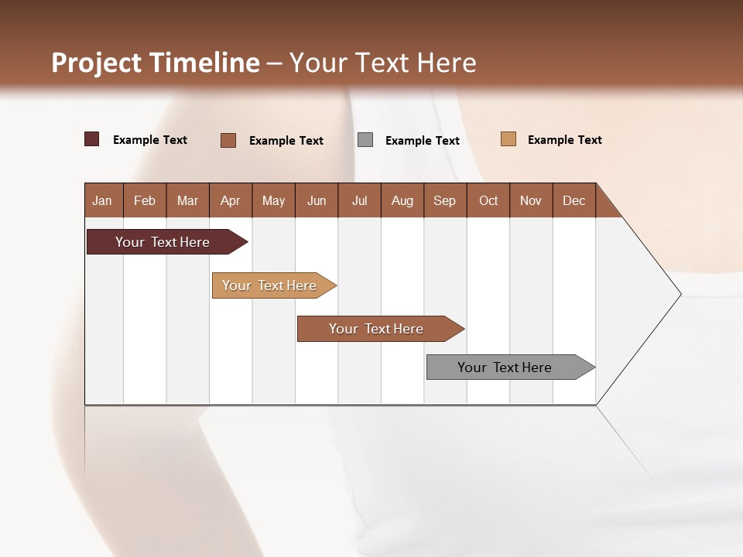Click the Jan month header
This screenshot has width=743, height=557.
coord(102,200)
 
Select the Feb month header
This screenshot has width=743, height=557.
coord(145,200)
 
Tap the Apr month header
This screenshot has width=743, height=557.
coord(230,200)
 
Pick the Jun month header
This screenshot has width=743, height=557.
coord(317,200)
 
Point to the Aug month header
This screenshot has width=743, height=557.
coord(402,200)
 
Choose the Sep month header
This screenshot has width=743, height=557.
coord(444,200)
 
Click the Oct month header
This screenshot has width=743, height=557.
coord(488,200)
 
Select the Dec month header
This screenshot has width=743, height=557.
coord(574,200)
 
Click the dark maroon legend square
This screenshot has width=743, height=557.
coord(92,139)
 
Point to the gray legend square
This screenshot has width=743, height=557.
coord(365,140)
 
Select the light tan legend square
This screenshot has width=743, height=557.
coord(508,139)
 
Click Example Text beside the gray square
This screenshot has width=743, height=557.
coord(422,141)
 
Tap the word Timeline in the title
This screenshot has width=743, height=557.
coord(204,63)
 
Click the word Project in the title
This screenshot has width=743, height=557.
coord(97,63)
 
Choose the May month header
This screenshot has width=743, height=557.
coord(273,200)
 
